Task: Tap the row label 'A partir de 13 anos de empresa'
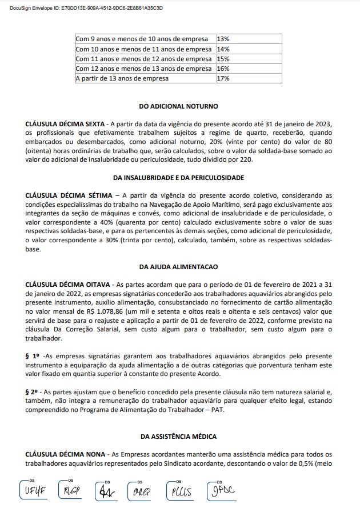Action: click(x=122, y=78)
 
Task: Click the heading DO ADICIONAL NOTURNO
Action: click(x=179, y=106)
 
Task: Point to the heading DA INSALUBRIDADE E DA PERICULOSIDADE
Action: click(x=179, y=178)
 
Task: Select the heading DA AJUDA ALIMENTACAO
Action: click(x=179, y=267)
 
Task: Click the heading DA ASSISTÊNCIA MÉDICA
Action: click(x=179, y=437)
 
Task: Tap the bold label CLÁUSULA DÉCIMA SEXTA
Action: click(x=65, y=123)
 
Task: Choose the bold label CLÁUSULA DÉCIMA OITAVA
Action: click(x=66, y=284)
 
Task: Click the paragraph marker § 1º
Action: click(x=32, y=356)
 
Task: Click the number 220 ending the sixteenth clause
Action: click(x=246, y=159)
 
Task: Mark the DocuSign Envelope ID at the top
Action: click(x=86, y=9)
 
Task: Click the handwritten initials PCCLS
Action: click(x=181, y=491)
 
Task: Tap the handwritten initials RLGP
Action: click(x=72, y=491)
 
